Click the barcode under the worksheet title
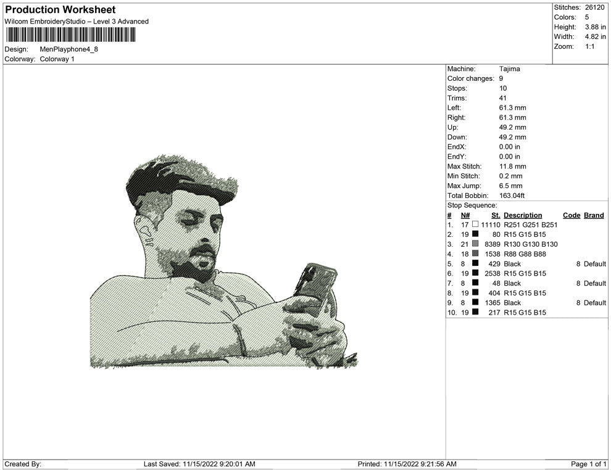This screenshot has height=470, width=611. pyautogui.click(x=70, y=35)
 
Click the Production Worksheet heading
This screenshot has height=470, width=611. pyautogui.click(x=60, y=10)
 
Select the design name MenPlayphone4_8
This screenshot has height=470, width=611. pyautogui.click(x=69, y=49)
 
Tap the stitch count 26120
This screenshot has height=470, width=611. pyautogui.click(x=594, y=7)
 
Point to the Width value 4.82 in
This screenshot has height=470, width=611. pyautogui.click(x=595, y=36)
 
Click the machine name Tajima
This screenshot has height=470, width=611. pyautogui.click(x=509, y=69)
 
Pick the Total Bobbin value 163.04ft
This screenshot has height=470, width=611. pyautogui.click(x=512, y=196)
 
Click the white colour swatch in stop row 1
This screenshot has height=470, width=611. pyautogui.click(x=475, y=225)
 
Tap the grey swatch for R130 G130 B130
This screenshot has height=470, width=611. pyautogui.click(x=475, y=244)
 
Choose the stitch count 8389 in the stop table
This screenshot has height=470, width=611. pyautogui.click(x=492, y=244)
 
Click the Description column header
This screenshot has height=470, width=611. pyautogui.click(x=523, y=215)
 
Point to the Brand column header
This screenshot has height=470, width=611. pyautogui.click(x=594, y=215)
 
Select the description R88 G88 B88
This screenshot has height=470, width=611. pyautogui.click(x=525, y=254)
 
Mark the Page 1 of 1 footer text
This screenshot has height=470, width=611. pyautogui.click(x=588, y=464)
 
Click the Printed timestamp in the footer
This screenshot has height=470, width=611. pyautogui.click(x=407, y=464)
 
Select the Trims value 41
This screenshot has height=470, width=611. pyautogui.click(x=502, y=98)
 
